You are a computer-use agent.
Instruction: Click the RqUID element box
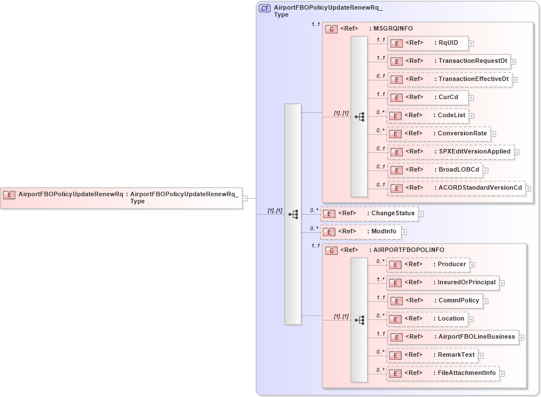click(x=427, y=43)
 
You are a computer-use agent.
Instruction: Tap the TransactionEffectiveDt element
click(x=449, y=79)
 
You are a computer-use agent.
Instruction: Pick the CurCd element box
click(x=427, y=97)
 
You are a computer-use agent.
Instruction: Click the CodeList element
click(x=427, y=116)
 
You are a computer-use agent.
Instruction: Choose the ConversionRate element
click(x=438, y=134)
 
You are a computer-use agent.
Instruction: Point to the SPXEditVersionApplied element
click(x=450, y=152)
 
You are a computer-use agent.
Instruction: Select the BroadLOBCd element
click(x=434, y=170)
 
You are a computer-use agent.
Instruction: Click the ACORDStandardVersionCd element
click(x=456, y=188)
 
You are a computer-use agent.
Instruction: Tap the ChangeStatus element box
click(x=369, y=214)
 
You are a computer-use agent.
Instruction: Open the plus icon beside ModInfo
click(x=404, y=232)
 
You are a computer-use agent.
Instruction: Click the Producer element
click(x=428, y=264)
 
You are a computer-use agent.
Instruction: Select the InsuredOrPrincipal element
click(x=442, y=283)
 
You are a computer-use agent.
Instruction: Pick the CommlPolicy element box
click(x=434, y=301)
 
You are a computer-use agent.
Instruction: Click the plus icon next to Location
click(x=471, y=319)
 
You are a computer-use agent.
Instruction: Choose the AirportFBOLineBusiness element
click(x=453, y=337)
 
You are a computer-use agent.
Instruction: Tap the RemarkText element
click(x=432, y=355)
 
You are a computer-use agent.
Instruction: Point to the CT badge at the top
click(x=265, y=8)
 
